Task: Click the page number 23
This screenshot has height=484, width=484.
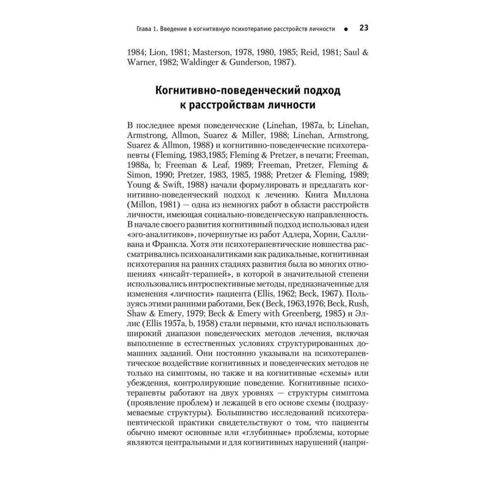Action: (364, 28)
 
